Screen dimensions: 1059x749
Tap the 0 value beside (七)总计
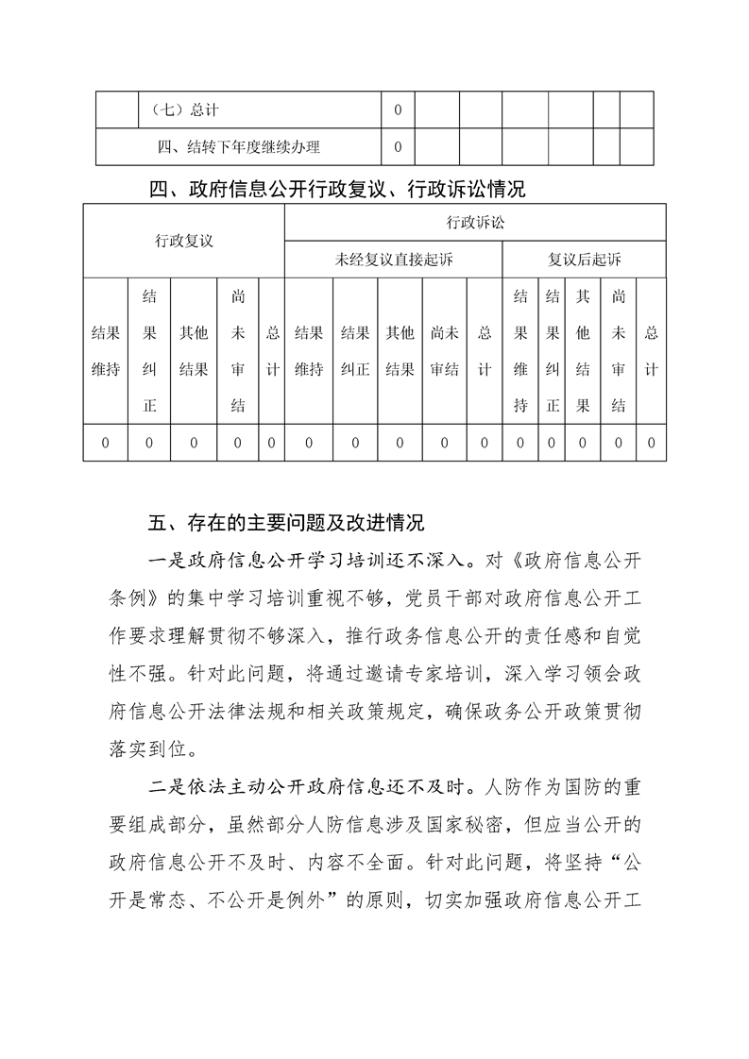(398, 110)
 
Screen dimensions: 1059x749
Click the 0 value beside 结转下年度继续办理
(398, 146)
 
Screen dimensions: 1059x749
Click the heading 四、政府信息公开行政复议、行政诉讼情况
(337, 190)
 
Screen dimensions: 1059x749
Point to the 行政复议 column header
(184, 241)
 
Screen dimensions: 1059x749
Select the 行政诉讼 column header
(475, 223)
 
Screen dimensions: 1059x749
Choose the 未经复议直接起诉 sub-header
(394, 260)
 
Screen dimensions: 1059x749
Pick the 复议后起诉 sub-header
(585, 260)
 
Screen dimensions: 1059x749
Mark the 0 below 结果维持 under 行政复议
(105, 443)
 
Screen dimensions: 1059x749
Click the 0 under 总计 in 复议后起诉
(651, 443)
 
